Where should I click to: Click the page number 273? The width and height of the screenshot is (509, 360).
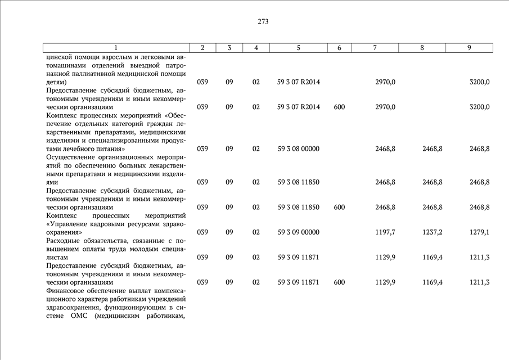pyautogui.click(x=263, y=22)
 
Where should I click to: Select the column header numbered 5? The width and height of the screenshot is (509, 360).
pyautogui.click(x=299, y=48)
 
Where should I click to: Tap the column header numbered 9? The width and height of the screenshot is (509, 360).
pyautogui.click(x=469, y=48)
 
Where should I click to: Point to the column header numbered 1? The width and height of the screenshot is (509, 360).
pyautogui.click(x=116, y=48)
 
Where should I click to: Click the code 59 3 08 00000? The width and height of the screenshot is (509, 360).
pyautogui.click(x=298, y=149)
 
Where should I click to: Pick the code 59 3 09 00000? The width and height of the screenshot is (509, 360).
pyautogui.click(x=298, y=232)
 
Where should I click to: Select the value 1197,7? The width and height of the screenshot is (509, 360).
pyautogui.click(x=385, y=232)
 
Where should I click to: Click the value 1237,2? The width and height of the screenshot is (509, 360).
pyautogui.click(x=433, y=232)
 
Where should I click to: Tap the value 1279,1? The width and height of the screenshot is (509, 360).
pyautogui.click(x=479, y=232)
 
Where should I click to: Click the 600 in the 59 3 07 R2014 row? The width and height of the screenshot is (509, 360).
pyautogui.click(x=339, y=107)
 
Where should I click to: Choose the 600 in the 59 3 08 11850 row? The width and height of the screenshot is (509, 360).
pyautogui.click(x=339, y=208)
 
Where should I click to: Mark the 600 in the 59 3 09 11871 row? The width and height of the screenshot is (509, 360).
pyautogui.click(x=339, y=282)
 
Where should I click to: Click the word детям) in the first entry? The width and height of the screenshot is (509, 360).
pyautogui.click(x=56, y=82)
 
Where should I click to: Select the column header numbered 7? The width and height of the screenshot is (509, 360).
pyautogui.click(x=375, y=48)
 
